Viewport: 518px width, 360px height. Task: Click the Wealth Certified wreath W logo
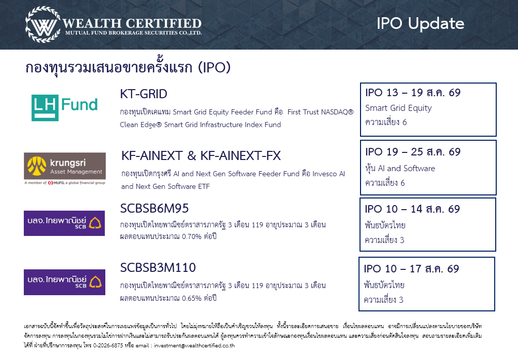click(x=43, y=25)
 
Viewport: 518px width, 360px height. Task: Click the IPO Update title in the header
click(x=420, y=23)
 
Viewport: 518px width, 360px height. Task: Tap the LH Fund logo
click(x=65, y=107)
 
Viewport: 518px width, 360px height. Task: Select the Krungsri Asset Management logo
click(x=65, y=169)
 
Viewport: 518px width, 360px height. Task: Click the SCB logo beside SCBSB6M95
click(x=64, y=223)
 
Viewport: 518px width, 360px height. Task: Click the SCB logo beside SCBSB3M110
click(x=64, y=282)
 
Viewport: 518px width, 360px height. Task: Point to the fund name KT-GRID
click(x=144, y=94)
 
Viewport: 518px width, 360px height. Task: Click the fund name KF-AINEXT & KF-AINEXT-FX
click(x=201, y=155)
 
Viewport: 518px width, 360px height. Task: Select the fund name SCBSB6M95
click(x=154, y=209)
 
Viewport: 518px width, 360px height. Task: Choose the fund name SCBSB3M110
click(x=158, y=267)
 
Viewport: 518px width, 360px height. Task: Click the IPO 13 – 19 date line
click(x=413, y=93)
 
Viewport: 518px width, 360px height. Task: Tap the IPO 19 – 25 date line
click(x=413, y=151)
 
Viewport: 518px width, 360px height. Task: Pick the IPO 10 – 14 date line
click(x=412, y=209)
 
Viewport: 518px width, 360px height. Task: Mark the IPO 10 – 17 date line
click(x=411, y=268)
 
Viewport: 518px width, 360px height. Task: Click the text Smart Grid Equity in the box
click(x=399, y=108)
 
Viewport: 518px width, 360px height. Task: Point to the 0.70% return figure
click(x=191, y=236)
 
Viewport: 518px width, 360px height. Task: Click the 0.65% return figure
click(x=191, y=298)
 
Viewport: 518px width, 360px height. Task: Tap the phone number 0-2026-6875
click(x=108, y=345)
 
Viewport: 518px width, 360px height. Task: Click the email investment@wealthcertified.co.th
click(x=194, y=345)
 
